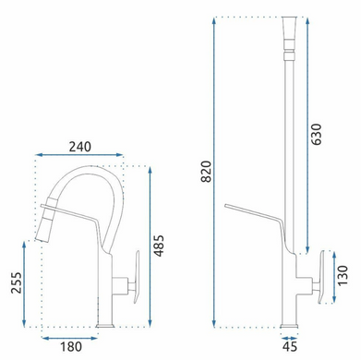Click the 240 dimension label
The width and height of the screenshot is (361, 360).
click(80, 147)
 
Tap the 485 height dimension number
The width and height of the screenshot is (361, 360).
click(159, 246)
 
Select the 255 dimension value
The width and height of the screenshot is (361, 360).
click(17, 282)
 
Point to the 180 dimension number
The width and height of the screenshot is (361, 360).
click(71, 347)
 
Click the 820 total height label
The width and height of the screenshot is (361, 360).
click(206, 172)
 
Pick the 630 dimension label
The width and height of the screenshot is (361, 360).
click(316, 134)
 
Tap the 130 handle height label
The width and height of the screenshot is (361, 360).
click(343, 276)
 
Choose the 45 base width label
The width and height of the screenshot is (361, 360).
click(290, 347)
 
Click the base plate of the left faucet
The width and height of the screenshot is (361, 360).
click(105, 325)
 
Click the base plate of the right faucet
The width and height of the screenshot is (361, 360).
click(289, 326)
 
